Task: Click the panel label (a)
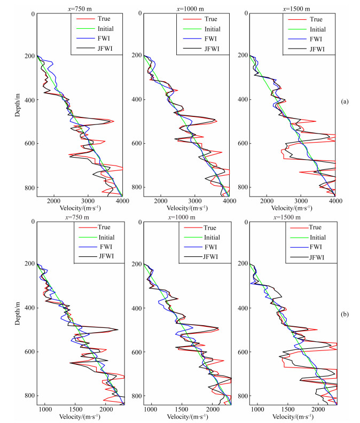click(x=345, y=101)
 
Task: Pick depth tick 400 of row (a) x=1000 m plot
click(x=135, y=100)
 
